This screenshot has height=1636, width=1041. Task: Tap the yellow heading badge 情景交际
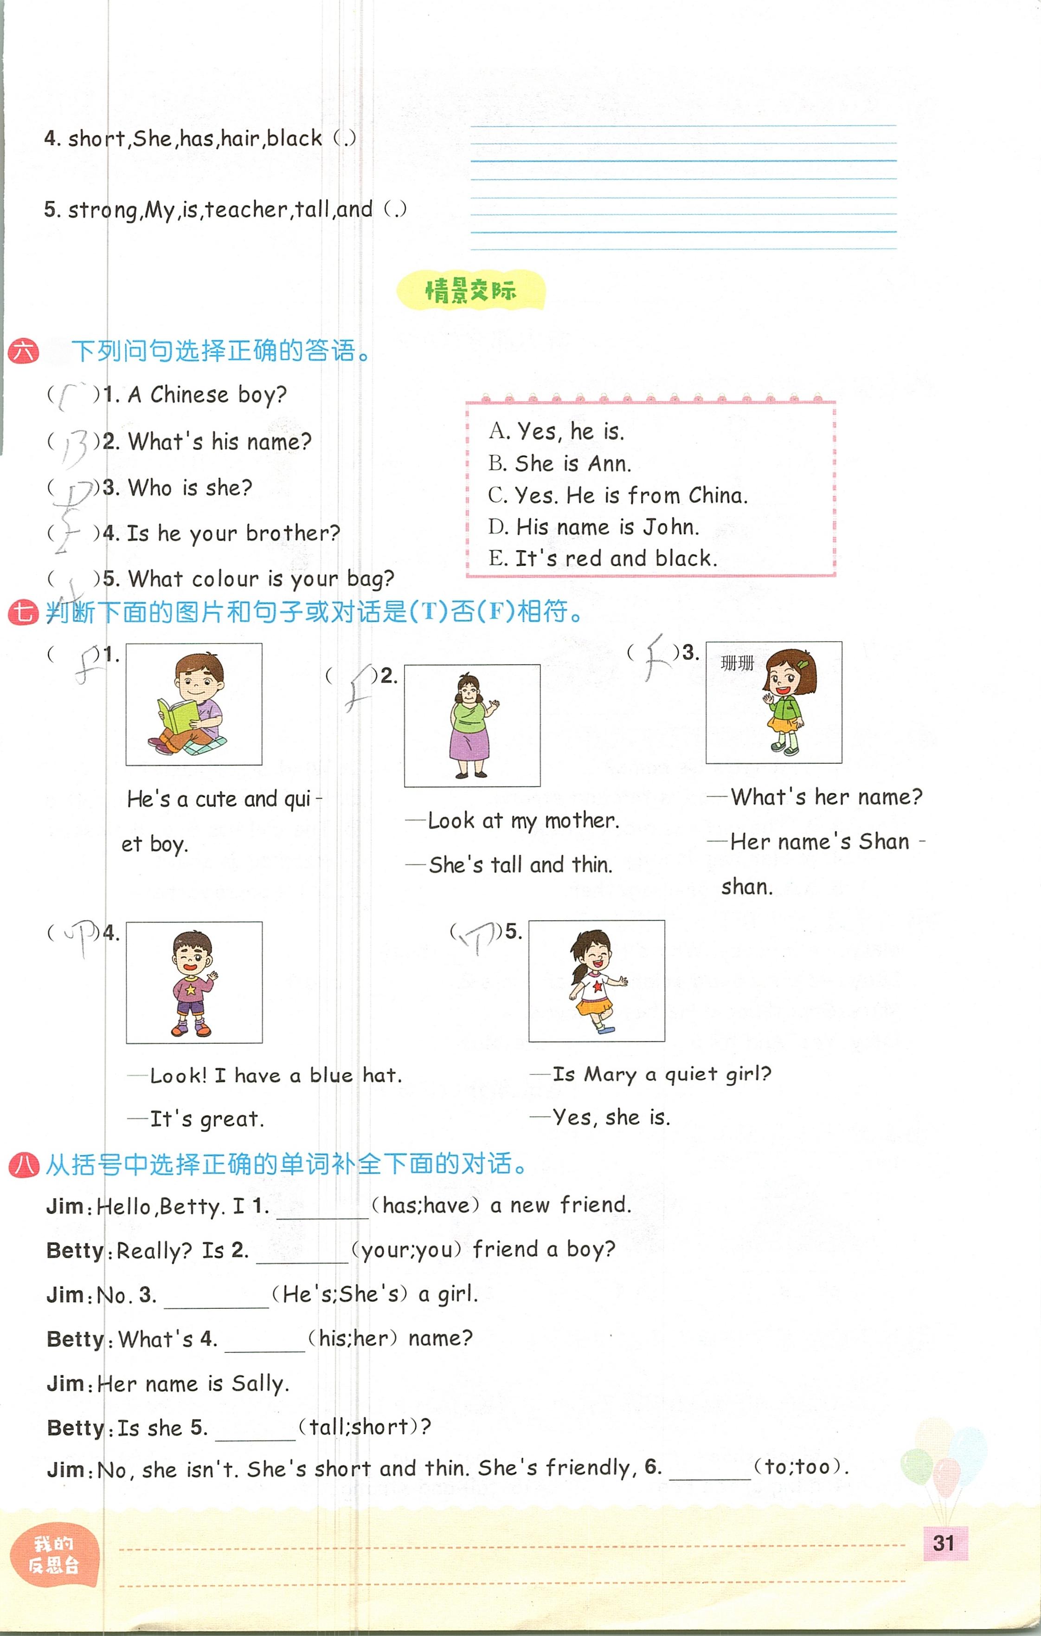click(470, 291)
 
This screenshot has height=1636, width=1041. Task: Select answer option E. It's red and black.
click(602, 558)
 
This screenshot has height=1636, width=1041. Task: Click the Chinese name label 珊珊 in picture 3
click(738, 662)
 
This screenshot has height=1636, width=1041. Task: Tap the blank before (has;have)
click(322, 1208)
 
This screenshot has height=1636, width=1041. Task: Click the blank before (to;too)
click(710, 1469)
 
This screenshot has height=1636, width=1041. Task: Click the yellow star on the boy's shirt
click(191, 989)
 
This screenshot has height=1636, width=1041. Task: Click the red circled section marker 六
click(23, 352)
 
